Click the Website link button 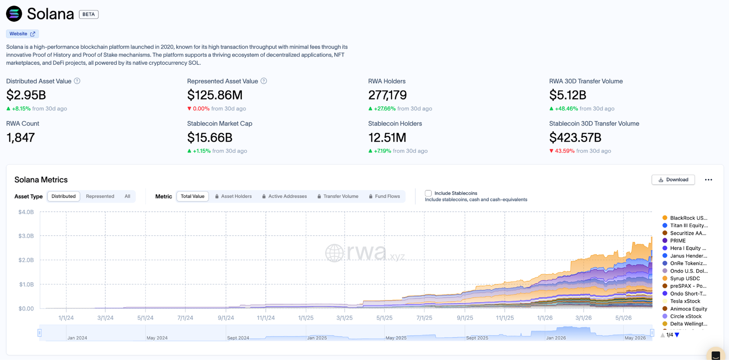click(22, 34)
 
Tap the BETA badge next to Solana click(89, 14)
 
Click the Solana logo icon click(14, 14)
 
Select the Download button click(673, 180)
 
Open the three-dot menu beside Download click(708, 180)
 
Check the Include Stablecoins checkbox click(428, 193)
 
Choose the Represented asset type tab click(100, 196)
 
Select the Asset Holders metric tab click(233, 196)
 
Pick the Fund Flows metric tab click(384, 196)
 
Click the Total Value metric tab click(192, 196)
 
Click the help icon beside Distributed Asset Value click(77, 81)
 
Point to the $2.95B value click(26, 95)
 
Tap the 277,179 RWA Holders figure click(387, 95)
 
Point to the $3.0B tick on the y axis click(26, 236)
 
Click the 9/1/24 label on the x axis click(226, 318)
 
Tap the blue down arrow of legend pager click(677, 335)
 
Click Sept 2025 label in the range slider click(477, 338)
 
